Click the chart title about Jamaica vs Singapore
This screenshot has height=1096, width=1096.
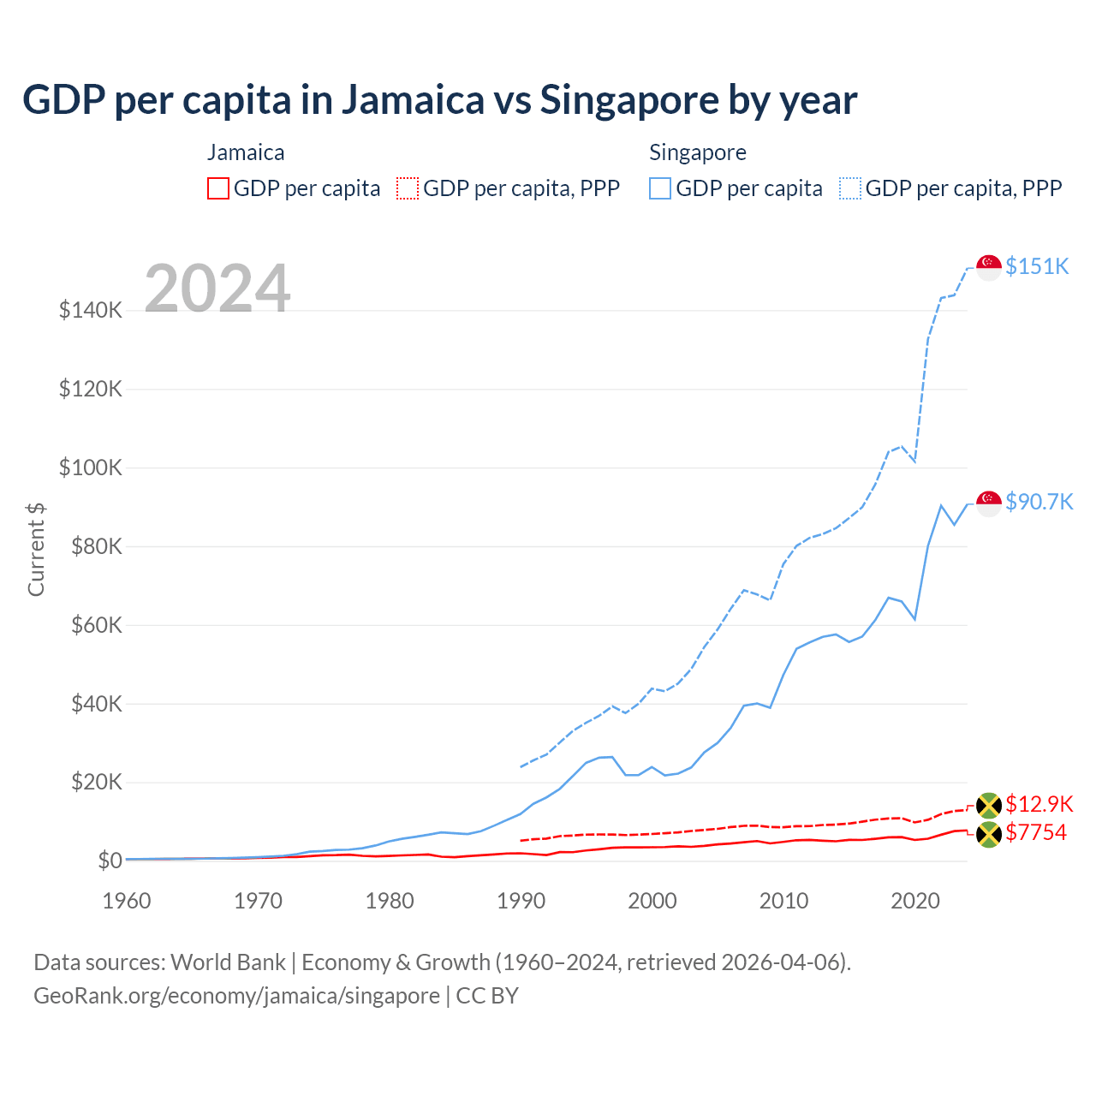pos(439,100)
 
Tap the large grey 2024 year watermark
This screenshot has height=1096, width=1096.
pos(217,289)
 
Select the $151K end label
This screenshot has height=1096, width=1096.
pos(1037,266)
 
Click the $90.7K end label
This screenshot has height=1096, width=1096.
pos(1039,502)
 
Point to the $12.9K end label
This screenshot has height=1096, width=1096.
pos(1039,804)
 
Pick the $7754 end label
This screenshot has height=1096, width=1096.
pos(1036,832)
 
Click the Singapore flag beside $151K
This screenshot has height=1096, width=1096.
pos(989,267)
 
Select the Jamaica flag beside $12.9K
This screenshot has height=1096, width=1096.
pos(989,805)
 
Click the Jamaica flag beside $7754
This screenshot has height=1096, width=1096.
pos(989,834)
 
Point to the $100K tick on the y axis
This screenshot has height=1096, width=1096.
pos(91,468)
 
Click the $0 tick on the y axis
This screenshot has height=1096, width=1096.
pos(110,861)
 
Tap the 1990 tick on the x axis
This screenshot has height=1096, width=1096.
pos(521,901)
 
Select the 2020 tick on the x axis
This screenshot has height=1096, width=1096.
pos(915,901)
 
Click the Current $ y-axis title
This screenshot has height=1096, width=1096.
pos(36,549)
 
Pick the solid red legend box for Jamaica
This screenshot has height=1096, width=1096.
pos(218,188)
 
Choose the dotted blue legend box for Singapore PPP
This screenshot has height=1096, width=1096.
pos(850,188)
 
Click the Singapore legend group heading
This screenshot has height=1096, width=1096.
pos(698,152)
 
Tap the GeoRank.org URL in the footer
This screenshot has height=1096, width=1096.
pos(236,996)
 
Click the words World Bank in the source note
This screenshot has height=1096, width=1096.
pos(228,962)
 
